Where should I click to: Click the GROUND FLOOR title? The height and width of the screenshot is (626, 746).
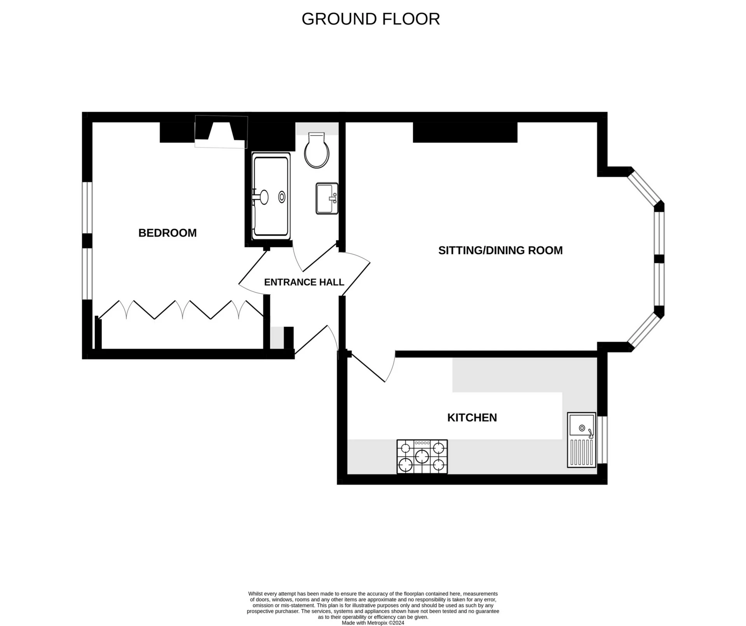click(370, 19)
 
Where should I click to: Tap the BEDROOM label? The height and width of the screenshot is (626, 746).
click(167, 233)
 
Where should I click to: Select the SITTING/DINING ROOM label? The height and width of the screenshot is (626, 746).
click(500, 250)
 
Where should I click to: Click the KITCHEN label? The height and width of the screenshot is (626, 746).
click(472, 417)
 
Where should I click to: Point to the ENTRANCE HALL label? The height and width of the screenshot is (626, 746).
click(304, 282)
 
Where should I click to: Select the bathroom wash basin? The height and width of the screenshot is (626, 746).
click(327, 199)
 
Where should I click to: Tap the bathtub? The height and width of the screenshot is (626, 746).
click(271, 196)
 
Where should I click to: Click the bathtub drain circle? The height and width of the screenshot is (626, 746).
click(282, 197)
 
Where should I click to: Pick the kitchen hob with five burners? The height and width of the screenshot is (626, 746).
click(422, 457)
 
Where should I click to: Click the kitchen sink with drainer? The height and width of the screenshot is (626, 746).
click(581, 440)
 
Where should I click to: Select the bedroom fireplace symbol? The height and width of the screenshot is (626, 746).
click(221, 132)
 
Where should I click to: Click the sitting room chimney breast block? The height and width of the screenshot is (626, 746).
click(465, 132)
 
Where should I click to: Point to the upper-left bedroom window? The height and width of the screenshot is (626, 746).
click(87, 208)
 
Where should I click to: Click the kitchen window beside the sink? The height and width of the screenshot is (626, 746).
click(602, 440)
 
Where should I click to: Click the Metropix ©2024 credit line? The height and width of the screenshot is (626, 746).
click(373, 623)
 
